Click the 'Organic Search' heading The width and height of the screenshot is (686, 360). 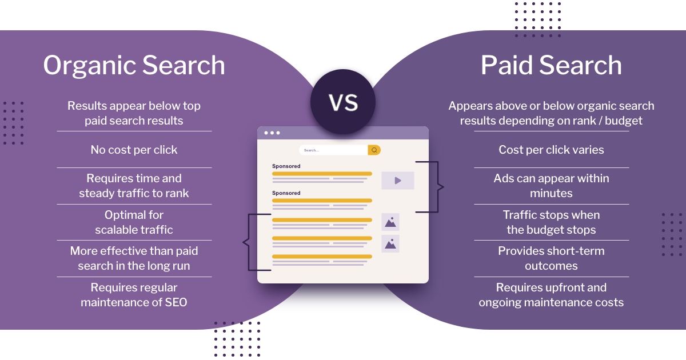pyautogui.click(x=134, y=66)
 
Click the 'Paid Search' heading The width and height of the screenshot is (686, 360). pyautogui.click(x=551, y=65)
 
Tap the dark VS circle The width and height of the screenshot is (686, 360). pyautogui.click(x=343, y=102)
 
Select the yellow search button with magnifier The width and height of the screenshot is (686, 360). pyautogui.click(x=374, y=150)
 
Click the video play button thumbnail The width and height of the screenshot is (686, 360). pyautogui.click(x=398, y=181)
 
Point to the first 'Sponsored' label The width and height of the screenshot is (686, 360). pyautogui.click(x=286, y=166)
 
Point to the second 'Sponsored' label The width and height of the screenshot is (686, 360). pyautogui.click(x=286, y=193)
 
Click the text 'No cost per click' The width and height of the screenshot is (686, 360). pyautogui.click(x=134, y=150)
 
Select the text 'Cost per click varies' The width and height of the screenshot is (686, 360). pyautogui.click(x=551, y=150)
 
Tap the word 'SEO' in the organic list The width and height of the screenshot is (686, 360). pyautogui.click(x=176, y=302)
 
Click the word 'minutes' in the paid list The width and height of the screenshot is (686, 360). pyautogui.click(x=551, y=194)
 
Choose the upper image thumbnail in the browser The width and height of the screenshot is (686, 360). pyautogui.click(x=390, y=222)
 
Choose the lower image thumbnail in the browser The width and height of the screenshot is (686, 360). pyautogui.click(x=390, y=243)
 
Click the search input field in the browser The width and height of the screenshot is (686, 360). pyautogui.click(x=333, y=150)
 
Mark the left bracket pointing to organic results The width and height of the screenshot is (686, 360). pyautogui.click(x=257, y=242)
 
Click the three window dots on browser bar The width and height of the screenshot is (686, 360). pyautogui.click(x=272, y=133)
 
